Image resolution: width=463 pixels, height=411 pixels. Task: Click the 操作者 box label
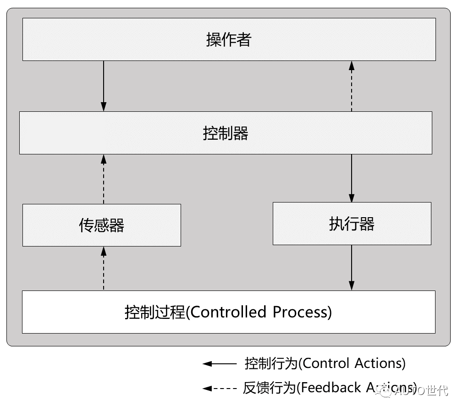point(228,40)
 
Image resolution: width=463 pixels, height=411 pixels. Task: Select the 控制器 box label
point(225,133)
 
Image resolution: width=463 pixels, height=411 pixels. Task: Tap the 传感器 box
point(101,225)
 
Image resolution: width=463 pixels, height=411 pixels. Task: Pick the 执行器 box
point(352,224)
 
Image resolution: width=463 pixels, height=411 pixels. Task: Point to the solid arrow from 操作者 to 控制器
point(104,86)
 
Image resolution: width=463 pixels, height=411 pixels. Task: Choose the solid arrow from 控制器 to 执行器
point(352,178)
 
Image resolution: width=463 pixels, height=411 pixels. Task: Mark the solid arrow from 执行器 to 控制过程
point(352,268)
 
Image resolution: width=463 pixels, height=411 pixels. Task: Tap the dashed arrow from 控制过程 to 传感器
point(104,268)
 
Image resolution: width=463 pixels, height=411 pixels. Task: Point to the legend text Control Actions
point(353,363)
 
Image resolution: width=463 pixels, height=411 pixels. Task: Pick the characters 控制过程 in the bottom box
point(154,312)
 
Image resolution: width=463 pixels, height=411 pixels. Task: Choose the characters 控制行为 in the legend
point(271,363)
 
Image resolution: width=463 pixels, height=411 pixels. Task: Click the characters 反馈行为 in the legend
point(270,388)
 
